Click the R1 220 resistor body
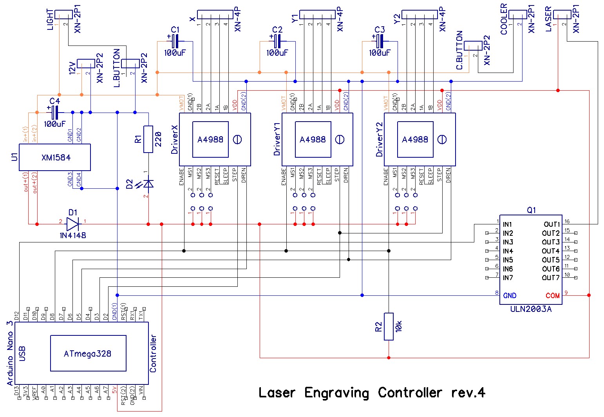tap(148, 139)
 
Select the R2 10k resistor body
tap(388, 326)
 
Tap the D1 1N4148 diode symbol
tap(72, 224)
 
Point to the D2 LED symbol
tap(148, 184)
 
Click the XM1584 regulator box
tap(55, 157)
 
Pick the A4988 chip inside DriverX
tap(210, 139)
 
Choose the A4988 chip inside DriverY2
tap(415, 139)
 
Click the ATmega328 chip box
tap(88, 353)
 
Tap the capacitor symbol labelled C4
tap(55, 113)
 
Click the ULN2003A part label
tap(531, 309)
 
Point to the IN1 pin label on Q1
tap(508, 224)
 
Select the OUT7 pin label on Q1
tap(551, 278)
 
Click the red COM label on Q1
tap(553, 295)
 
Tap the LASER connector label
tap(548, 19)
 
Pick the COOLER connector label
tap(504, 19)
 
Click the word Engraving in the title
tap(336, 393)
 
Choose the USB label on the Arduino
tap(22, 353)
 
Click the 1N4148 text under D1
tap(72, 235)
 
